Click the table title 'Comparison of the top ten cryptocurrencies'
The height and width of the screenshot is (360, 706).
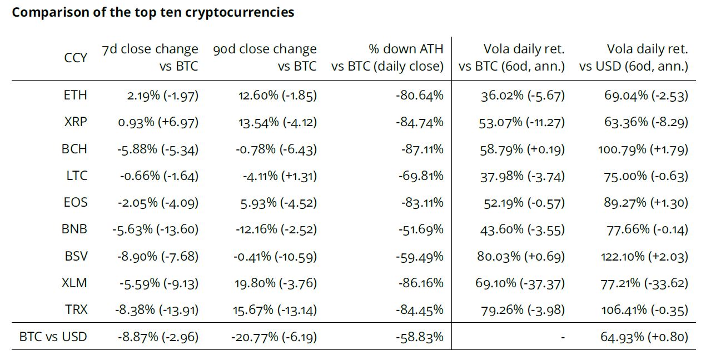[153, 12]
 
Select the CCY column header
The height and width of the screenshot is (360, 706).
[76, 57]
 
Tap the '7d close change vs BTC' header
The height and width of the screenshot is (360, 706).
[150, 57]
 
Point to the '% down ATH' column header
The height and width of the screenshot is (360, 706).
[387, 57]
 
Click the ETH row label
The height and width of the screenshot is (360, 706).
[76, 95]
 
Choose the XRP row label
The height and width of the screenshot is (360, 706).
[76, 122]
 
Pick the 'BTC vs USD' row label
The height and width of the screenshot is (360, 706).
[53, 336]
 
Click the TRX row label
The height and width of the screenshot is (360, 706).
[76, 309]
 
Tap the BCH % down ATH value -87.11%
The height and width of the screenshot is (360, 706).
[421, 149]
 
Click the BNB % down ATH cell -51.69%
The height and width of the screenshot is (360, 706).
[421, 229]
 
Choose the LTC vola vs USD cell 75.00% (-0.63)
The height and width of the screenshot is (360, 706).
[646, 176]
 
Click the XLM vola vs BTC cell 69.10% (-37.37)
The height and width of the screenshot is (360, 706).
[520, 283]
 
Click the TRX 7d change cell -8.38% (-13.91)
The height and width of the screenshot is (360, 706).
[157, 310]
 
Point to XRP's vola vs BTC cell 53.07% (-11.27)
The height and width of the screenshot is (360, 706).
[521, 122]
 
